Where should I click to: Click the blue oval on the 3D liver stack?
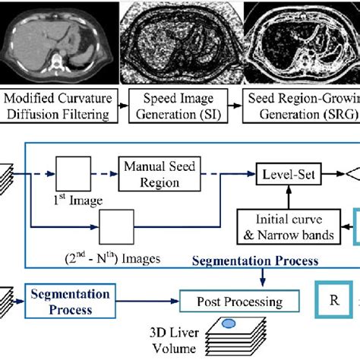[228, 325]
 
